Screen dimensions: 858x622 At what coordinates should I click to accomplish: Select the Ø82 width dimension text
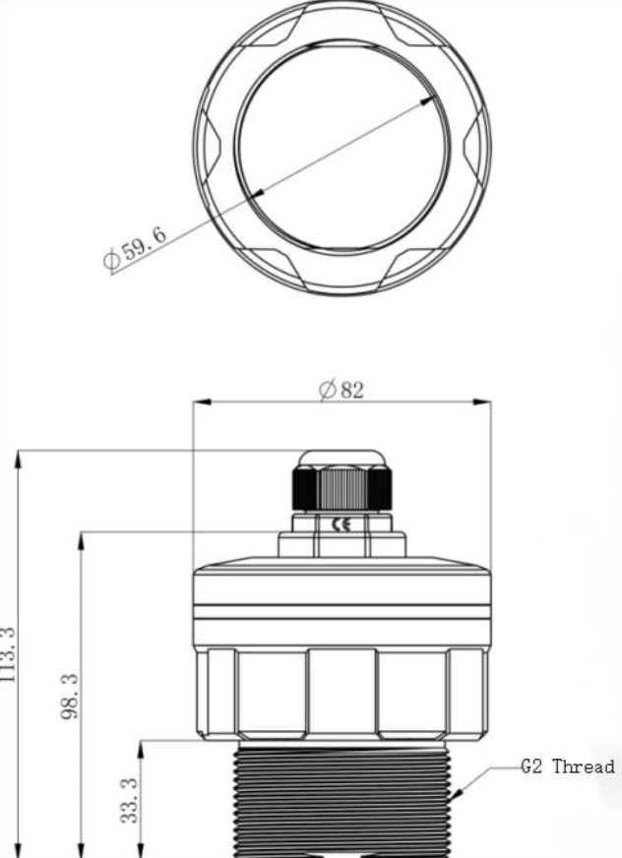[342, 390]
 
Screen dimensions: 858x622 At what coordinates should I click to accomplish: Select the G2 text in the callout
[532, 766]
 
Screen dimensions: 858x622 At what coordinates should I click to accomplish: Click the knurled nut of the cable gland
[342, 486]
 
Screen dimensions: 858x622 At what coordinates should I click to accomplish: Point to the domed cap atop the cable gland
[342, 460]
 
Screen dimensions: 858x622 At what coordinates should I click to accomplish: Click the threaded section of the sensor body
[342, 797]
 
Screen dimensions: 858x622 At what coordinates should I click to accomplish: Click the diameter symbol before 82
[326, 390]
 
